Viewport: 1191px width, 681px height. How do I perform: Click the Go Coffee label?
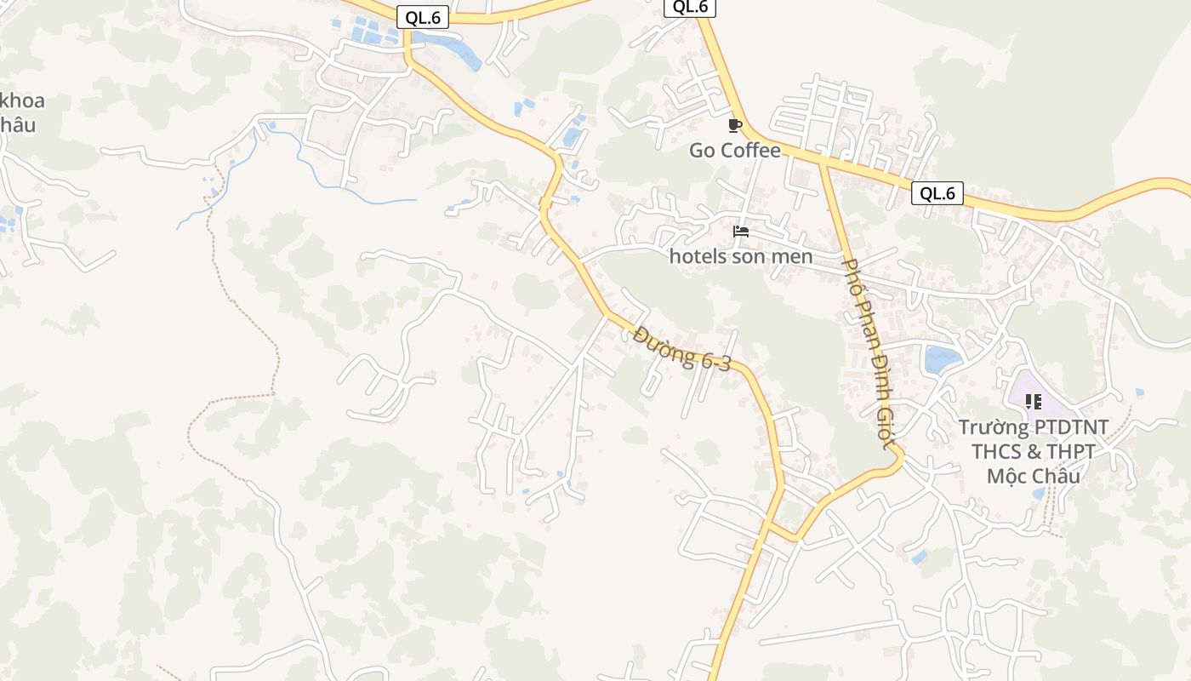coord(734,151)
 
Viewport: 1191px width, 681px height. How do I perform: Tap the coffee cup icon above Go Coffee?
coord(735,126)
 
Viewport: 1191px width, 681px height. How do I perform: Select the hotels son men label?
coord(741,255)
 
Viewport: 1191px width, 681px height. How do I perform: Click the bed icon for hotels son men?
coord(741,231)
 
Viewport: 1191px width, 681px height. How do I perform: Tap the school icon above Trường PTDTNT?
coord(1034,401)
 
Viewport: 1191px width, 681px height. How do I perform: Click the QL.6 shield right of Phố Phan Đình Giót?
coord(937,193)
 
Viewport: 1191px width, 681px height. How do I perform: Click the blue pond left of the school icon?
coord(943,358)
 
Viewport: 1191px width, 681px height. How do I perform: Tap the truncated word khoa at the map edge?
coord(22,100)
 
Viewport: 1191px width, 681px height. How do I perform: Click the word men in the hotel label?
coord(795,255)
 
